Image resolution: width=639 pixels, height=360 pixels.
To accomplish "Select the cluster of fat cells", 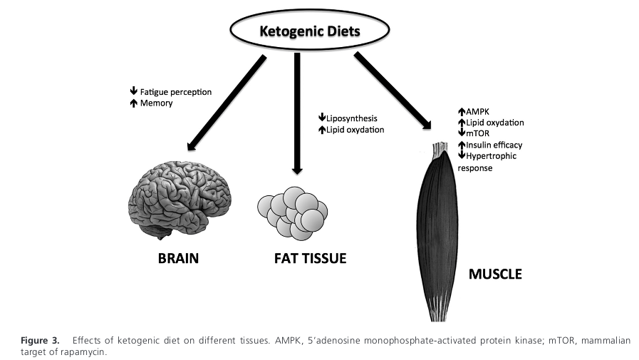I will [x=291, y=212].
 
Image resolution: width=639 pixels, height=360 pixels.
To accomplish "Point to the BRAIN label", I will [x=178, y=258].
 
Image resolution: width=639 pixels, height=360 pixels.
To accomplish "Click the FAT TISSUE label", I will [x=310, y=258].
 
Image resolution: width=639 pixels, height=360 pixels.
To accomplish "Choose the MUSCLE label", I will [x=494, y=274].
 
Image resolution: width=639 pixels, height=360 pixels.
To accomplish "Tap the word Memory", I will [x=156, y=103].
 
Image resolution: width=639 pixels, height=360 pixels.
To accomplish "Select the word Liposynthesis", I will [x=351, y=118].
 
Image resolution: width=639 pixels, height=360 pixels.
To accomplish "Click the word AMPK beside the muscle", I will [x=477, y=112].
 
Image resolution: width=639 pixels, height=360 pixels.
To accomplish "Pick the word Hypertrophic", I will [x=491, y=155].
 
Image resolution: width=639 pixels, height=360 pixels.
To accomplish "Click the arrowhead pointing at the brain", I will [x=190, y=146].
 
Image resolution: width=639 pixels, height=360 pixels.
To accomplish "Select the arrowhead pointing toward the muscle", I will [x=427, y=125].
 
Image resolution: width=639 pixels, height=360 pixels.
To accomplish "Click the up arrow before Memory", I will [x=133, y=103].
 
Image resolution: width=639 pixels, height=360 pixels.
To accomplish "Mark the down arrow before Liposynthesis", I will [x=321, y=118].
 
